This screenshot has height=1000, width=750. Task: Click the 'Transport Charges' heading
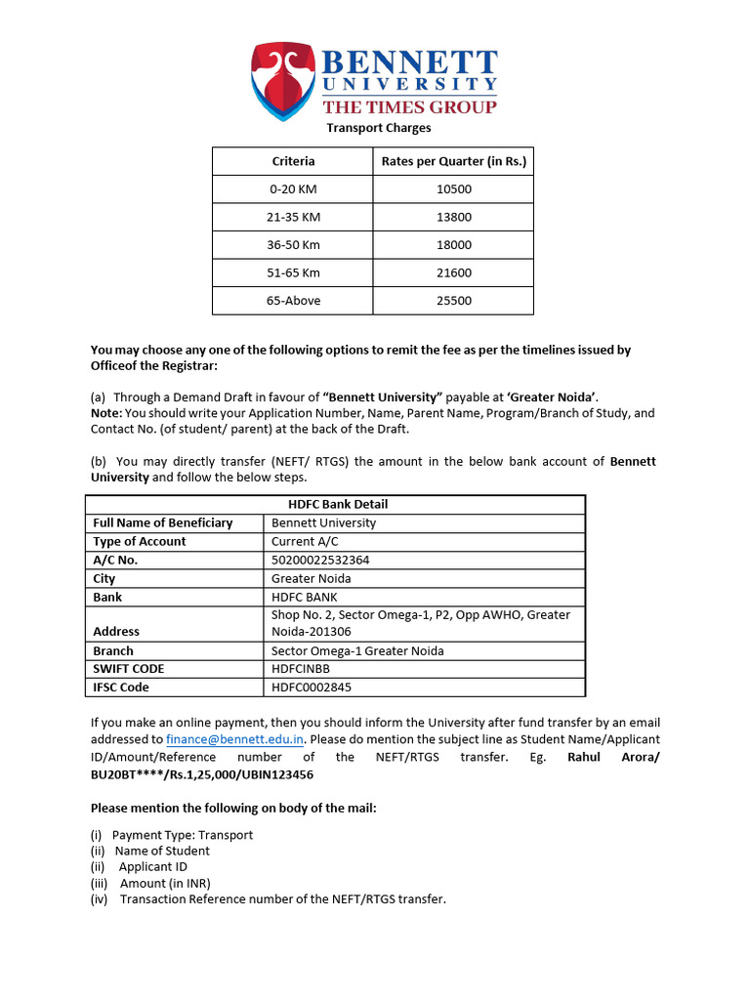point(378,128)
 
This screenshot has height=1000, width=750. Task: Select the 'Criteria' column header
point(293,161)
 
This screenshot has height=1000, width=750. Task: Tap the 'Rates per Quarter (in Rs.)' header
point(453,161)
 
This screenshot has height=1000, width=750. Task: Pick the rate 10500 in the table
point(453,188)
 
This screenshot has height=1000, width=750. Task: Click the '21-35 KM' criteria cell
point(293,217)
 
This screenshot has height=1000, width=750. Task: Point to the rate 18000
point(453,244)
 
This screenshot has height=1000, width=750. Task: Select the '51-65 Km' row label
point(293,272)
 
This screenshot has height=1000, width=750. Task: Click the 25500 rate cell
point(453,301)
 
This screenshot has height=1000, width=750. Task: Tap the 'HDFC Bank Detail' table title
point(338,504)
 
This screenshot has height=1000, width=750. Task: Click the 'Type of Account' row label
point(140,541)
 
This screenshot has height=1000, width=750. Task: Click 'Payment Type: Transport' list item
point(183,835)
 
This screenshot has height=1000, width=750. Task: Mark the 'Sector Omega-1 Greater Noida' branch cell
point(357,650)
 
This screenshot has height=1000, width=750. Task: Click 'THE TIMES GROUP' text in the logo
point(409,107)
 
